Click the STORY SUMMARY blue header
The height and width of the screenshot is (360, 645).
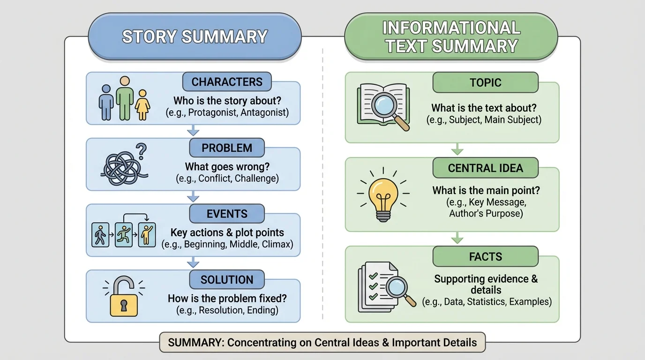(x=195, y=37)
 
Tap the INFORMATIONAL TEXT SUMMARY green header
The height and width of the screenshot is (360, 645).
(x=451, y=37)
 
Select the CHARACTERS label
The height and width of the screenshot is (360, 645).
(x=227, y=82)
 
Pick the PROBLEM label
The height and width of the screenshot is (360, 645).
(x=227, y=148)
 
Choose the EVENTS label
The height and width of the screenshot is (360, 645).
(x=227, y=214)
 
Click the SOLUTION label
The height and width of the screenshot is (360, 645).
(x=227, y=280)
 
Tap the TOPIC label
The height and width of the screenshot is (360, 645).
(x=485, y=82)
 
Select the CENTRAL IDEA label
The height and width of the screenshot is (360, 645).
(x=485, y=168)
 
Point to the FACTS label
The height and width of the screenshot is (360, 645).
(x=485, y=256)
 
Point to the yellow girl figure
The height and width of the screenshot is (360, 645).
(x=142, y=105)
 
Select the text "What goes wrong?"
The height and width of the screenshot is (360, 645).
(x=227, y=166)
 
